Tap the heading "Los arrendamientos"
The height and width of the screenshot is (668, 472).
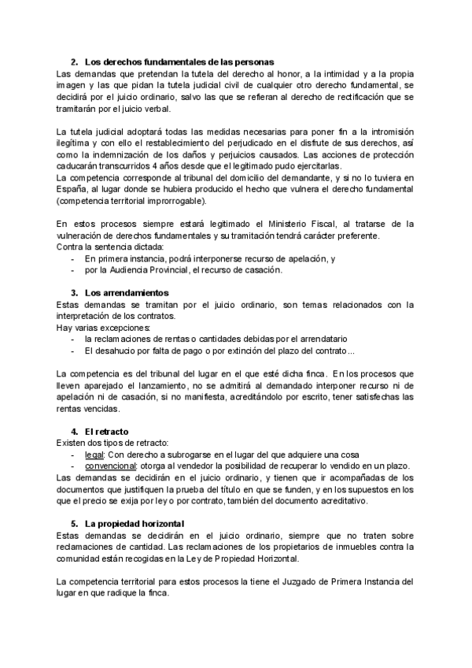pos(126,292)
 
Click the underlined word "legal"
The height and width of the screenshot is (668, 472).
pos(94,455)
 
